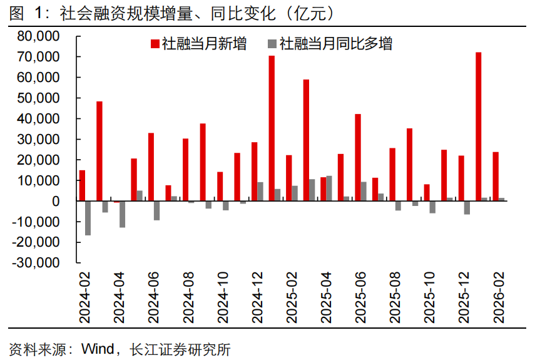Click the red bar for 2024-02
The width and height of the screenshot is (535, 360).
click(x=83, y=185)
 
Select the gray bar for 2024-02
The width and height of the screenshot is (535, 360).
click(x=88, y=218)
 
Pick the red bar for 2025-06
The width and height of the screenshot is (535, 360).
click(x=358, y=157)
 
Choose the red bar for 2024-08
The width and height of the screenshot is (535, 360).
click(x=186, y=170)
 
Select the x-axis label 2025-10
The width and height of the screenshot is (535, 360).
click(x=429, y=298)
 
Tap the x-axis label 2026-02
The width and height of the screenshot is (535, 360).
click(x=498, y=298)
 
